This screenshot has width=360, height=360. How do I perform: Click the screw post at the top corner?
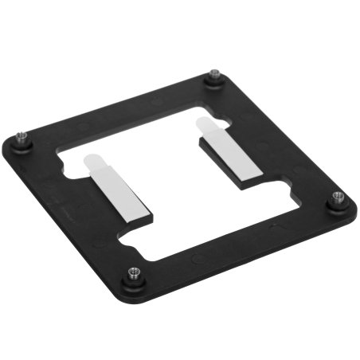[214, 77]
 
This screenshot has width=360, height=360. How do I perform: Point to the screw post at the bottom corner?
[133, 275]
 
